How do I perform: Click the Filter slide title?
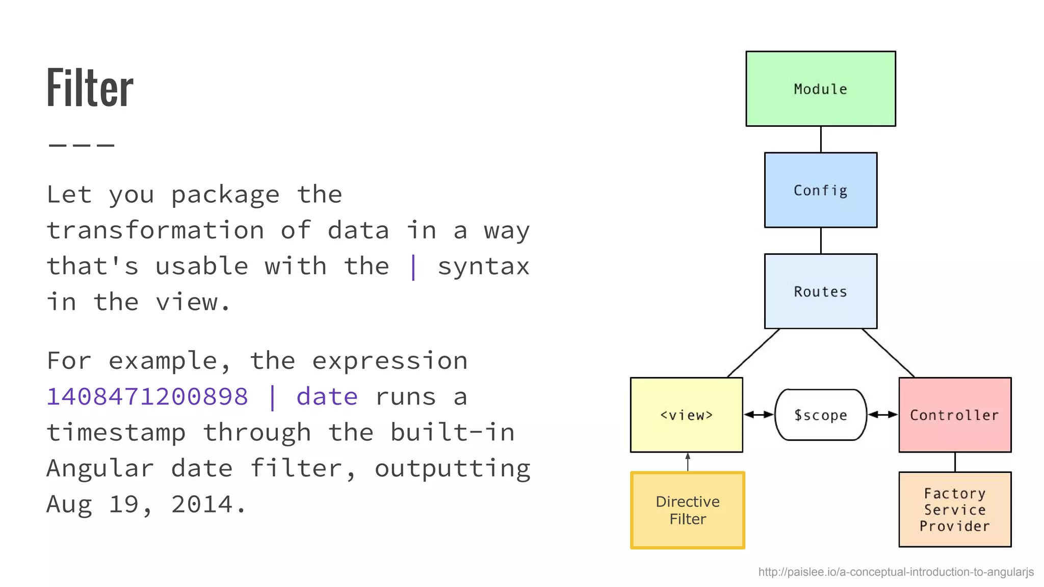point(90,88)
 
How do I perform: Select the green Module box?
point(820,89)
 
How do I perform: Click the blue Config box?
point(820,190)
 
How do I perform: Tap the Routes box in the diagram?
point(820,291)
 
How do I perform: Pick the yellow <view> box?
point(686,415)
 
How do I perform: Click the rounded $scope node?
point(820,415)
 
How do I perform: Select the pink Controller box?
point(954,415)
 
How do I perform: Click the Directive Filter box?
point(687,510)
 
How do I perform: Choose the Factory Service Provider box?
point(954,510)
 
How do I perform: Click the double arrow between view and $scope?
point(759,415)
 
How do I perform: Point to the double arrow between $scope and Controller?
point(882,415)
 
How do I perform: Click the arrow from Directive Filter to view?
point(688,462)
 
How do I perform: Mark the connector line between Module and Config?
point(821,139)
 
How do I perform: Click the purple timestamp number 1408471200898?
point(147,396)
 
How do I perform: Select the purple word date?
point(327,396)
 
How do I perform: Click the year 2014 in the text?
point(202,504)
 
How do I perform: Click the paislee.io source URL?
point(896,572)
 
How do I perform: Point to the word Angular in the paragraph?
point(100,468)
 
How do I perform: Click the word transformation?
point(155,230)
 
